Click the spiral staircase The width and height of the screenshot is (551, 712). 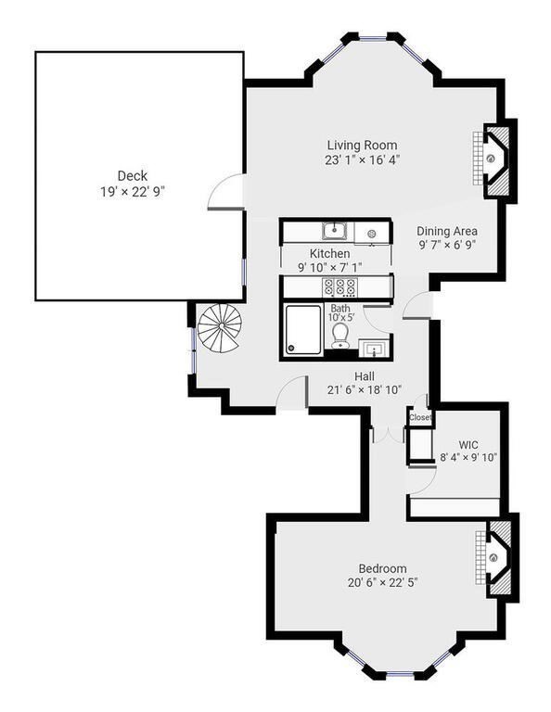coord(219,328)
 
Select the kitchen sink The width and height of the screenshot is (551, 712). coord(334,231)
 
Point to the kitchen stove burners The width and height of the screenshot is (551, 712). coord(340,286)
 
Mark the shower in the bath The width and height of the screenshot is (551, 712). coord(303,331)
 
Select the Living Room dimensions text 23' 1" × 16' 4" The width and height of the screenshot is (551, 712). coord(362,160)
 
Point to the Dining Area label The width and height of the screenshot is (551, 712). coord(447,232)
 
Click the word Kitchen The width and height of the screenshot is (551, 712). coord(329,253)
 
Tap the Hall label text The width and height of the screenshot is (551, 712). coord(364,375)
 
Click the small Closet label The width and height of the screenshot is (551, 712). coord(420,417)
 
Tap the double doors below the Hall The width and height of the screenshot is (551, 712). coord(381,435)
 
